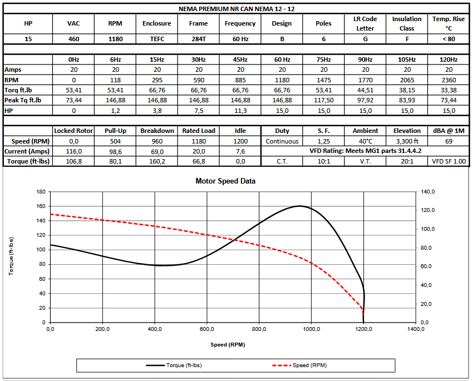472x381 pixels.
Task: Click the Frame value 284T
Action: (198, 39)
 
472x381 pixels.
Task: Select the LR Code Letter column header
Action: (365, 23)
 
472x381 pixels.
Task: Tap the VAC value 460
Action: (73, 39)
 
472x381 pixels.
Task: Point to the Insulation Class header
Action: (407, 23)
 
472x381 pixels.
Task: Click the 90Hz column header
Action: (365, 60)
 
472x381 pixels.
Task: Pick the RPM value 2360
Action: (449, 80)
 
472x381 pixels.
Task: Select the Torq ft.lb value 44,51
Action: (365, 90)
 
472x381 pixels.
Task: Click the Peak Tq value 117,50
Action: (323, 100)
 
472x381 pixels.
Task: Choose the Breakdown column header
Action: (157, 131)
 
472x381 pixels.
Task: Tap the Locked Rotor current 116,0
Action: (73, 151)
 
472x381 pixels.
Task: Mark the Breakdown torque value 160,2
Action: (157, 161)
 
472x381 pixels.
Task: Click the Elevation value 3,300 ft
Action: (407, 141)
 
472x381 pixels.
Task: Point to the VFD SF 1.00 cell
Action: (449, 161)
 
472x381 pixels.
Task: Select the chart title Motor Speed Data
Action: (226, 181)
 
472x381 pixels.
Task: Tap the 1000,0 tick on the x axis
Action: (311, 329)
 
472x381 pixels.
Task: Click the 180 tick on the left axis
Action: (40, 191)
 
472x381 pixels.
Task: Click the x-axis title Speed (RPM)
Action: (227, 345)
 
